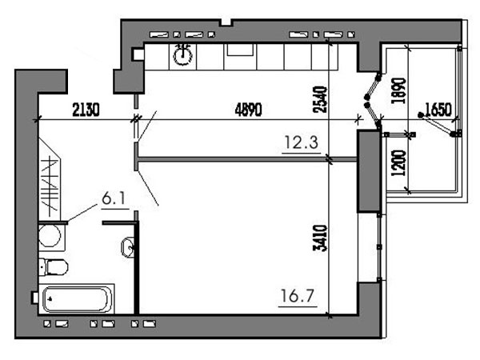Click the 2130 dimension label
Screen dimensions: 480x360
(86, 110)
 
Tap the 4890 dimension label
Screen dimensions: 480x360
(249, 110)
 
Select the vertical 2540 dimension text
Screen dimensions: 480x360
(321, 99)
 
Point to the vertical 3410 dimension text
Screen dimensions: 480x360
(321, 238)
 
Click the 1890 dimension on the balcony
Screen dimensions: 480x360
(399, 91)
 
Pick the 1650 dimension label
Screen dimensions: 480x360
(438, 110)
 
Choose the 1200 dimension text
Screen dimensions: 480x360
(399, 163)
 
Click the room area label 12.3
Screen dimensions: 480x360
(302, 142)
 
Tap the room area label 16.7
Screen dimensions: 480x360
(298, 296)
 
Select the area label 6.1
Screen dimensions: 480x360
(114, 199)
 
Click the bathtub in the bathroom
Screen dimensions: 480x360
(77, 298)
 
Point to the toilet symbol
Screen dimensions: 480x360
(54, 267)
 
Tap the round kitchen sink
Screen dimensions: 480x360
(182, 55)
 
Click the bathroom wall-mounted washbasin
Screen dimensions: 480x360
(128, 246)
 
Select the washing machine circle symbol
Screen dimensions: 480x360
(50, 236)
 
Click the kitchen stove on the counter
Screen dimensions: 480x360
(240, 50)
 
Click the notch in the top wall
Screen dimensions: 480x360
(227, 22)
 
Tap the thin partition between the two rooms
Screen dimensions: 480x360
(247, 159)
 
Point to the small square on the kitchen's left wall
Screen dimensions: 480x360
(138, 54)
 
